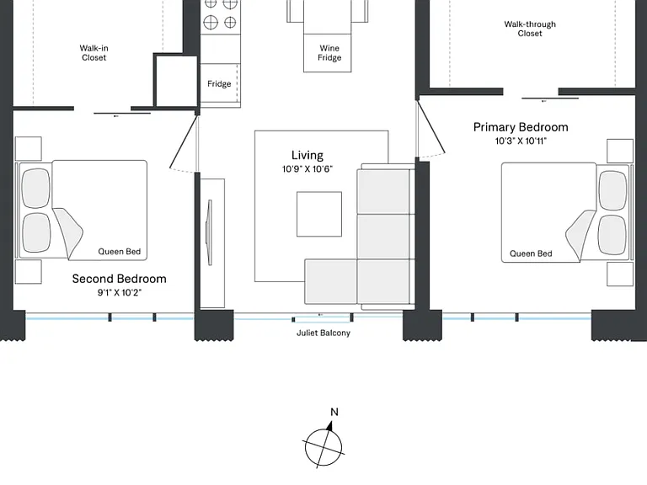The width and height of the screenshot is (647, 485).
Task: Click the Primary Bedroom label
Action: click(521, 127)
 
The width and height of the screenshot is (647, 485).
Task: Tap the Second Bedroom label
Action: click(120, 279)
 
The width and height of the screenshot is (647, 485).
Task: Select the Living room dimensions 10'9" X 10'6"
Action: click(307, 169)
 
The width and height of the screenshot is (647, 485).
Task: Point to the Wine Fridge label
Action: click(329, 53)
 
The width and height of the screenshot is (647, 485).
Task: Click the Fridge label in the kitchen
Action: click(219, 84)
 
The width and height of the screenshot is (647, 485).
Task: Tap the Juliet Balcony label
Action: click(323, 333)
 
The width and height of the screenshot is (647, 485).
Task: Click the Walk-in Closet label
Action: click(94, 53)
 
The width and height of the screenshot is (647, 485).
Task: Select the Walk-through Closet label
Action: click(530, 29)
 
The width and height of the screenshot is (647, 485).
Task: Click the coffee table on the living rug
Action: click(319, 214)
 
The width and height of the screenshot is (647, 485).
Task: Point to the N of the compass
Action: click(334, 412)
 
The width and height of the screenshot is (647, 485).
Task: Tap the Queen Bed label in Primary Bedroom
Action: click(531, 253)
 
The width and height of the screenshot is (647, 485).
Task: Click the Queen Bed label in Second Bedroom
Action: click(120, 252)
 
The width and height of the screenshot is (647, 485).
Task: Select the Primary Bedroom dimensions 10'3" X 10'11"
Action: click(521, 141)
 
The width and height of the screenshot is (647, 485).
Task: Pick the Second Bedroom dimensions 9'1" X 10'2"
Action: click(120, 293)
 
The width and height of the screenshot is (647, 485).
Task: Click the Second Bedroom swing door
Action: click(183, 141)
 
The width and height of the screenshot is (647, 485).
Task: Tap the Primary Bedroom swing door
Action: click(430, 127)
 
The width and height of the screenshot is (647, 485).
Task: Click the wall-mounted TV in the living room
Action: click(210, 232)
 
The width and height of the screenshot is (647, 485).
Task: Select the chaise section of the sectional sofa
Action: click(331, 282)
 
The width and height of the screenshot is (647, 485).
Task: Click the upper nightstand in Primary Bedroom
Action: click(620, 151)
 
